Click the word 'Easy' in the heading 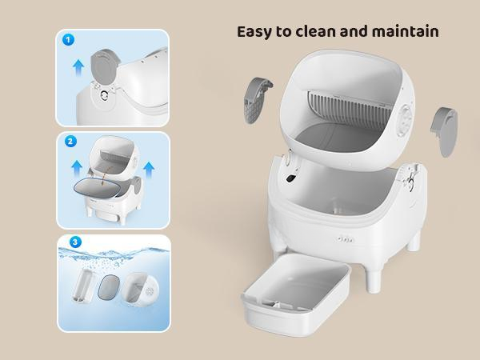pos(257,32)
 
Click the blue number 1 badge pos(69,39)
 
